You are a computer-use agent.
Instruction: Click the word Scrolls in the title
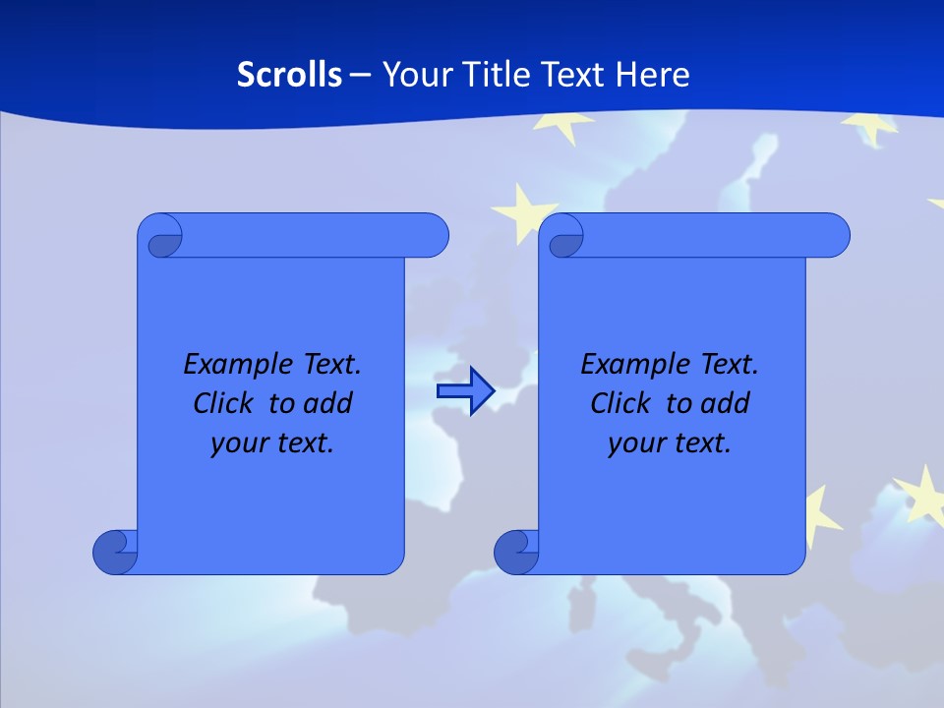pyautogui.click(x=290, y=75)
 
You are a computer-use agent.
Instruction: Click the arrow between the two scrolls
pyautogui.click(x=465, y=392)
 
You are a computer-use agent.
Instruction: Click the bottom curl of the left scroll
pyautogui.click(x=116, y=552)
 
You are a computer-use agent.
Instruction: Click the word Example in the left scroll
pyautogui.click(x=232, y=365)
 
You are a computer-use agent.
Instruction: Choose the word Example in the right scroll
pyautogui.click(x=629, y=365)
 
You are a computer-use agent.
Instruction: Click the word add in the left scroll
pyautogui.click(x=326, y=403)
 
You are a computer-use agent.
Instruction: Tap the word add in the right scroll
pyautogui.click(x=724, y=403)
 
